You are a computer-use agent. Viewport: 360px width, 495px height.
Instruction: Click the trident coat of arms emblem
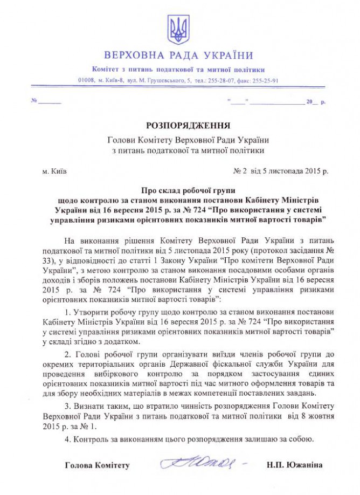(179, 30)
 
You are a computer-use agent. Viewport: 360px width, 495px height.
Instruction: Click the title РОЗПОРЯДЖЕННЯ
(180, 125)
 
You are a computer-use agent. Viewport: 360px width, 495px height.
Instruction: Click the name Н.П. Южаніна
(294, 465)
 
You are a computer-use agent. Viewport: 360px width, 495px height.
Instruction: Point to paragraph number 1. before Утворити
(67, 313)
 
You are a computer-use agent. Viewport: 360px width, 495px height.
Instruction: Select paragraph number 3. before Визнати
(67, 405)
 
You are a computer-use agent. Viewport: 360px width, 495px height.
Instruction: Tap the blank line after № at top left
(50, 101)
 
